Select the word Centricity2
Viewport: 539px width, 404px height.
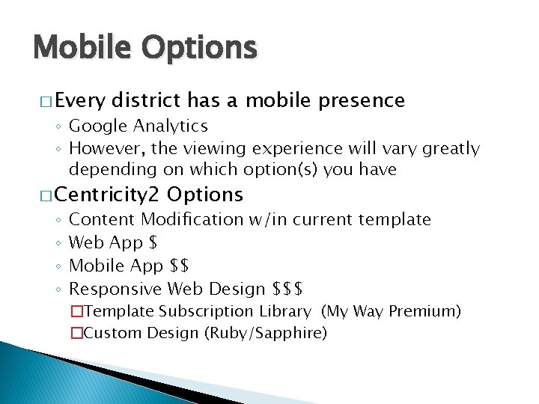pyautogui.click(x=108, y=195)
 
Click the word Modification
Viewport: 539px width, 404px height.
pyautogui.click(x=192, y=220)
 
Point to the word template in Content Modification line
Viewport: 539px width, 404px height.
pyautogui.click(x=395, y=220)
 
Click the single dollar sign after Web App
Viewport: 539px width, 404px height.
pyautogui.click(x=153, y=243)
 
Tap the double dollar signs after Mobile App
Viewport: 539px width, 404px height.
pyautogui.click(x=180, y=266)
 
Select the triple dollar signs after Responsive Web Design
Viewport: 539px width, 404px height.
pyautogui.click(x=289, y=289)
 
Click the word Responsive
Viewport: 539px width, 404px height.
pyautogui.click(x=116, y=289)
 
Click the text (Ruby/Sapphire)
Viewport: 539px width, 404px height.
pyautogui.click(x=266, y=333)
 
